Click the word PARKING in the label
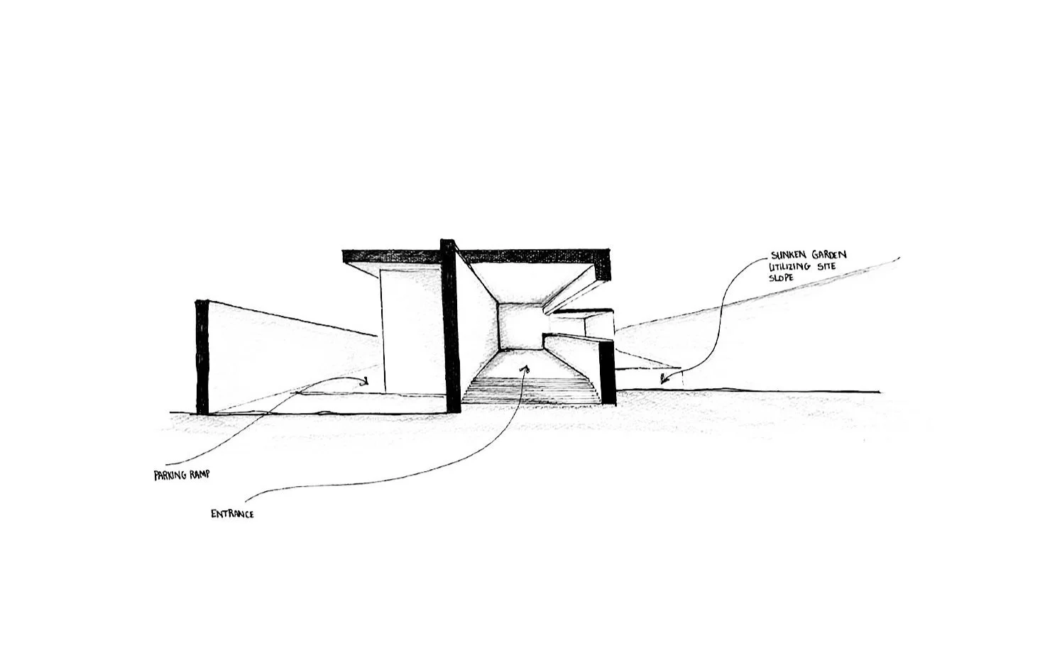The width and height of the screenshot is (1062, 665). pos(171,476)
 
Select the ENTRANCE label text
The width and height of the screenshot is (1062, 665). pos(232,513)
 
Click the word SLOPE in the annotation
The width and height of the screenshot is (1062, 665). pos(781,277)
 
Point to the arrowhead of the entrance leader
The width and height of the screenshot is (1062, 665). pos(525,369)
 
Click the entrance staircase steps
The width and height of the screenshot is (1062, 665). pos(530,391)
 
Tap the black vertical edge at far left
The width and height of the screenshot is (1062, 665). pos(202,357)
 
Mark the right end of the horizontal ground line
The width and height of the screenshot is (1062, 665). pos(879,392)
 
